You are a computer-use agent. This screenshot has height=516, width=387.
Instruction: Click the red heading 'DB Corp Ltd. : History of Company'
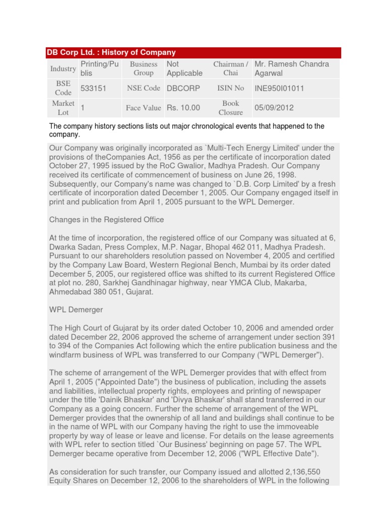[111, 52]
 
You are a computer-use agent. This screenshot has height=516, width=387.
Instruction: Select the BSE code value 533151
[93, 88]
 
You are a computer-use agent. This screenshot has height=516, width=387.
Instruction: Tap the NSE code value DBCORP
[183, 88]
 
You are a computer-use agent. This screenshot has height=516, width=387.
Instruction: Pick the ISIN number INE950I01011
[280, 88]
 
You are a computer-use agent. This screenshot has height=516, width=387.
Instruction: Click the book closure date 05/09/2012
[274, 108]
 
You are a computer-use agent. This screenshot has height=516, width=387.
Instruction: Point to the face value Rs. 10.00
[183, 108]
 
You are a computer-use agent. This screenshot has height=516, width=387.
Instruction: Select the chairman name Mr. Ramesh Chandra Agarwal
[292, 69]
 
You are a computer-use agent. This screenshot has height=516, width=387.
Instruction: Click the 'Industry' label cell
[63, 69]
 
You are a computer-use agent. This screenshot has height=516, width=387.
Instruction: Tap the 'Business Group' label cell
[144, 69]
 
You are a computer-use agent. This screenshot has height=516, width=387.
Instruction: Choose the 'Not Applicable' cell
[184, 69]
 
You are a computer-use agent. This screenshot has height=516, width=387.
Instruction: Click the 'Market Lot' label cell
[63, 108]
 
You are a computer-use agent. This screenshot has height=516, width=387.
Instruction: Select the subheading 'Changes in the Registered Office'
[106, 220]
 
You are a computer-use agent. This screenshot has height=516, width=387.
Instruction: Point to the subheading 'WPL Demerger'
[76, 309]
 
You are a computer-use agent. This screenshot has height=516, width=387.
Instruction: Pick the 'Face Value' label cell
[144, 108]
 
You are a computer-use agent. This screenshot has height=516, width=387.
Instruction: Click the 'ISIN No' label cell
[230, 88]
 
